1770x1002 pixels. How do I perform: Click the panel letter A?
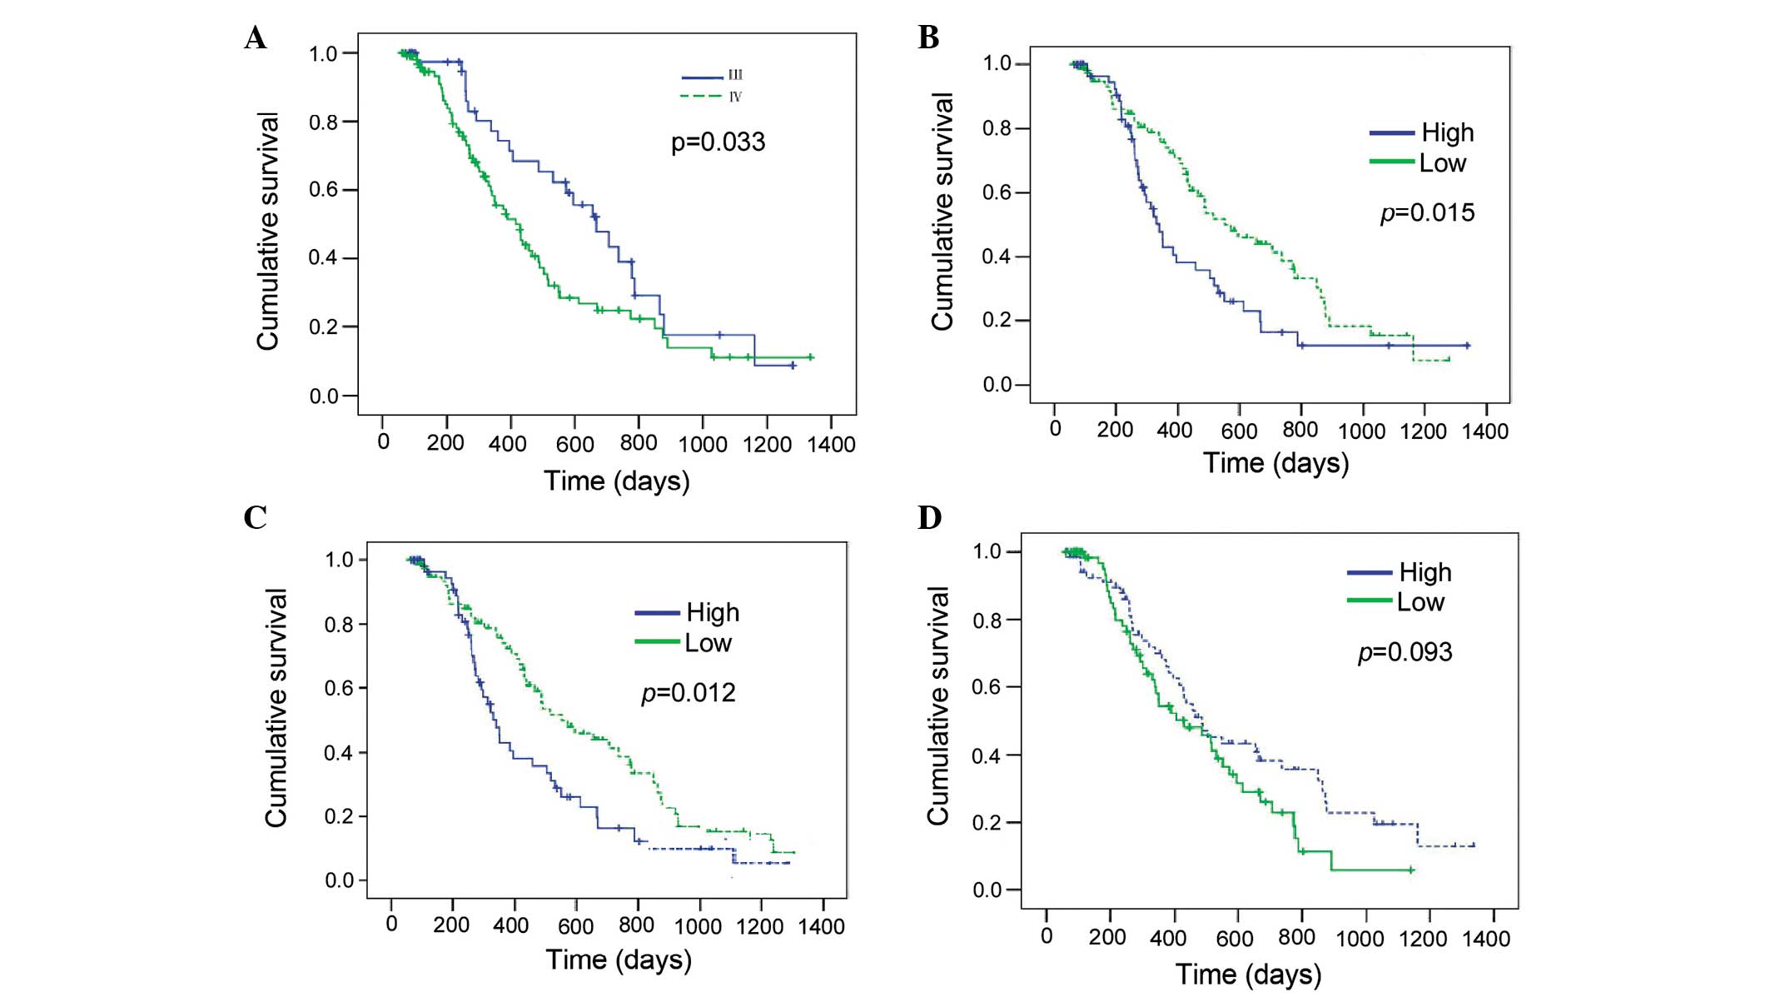tap(256, 38)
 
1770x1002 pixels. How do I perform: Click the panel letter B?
tap(928, 38)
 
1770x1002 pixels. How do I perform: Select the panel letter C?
tap(255, 518)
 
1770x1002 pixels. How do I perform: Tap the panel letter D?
tap(929, 518)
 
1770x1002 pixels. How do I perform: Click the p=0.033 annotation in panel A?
tap(718, 142)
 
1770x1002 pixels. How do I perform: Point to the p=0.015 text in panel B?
tap(1427, 213)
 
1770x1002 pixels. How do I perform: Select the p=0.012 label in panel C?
tap(688, 693)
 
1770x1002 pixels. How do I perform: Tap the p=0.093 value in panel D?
tap(1405, 652)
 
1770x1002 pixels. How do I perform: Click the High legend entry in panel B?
tap(1447, 132)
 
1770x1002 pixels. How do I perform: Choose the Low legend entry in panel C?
tap(708, 643)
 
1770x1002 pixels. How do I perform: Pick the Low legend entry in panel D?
tap(1420, 602)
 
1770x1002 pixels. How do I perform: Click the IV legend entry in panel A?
tap(735, 97)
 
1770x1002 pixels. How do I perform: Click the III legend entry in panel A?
tap(735, 76)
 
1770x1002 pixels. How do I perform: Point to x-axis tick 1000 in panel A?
tap(703, 444)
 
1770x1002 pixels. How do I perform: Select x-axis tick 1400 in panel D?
tap(1486, 939)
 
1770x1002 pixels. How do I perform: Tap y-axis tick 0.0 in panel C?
tap(340, 880)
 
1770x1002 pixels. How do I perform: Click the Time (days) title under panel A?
tap(617, 481)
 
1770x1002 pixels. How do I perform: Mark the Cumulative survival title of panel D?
tap(938, 706)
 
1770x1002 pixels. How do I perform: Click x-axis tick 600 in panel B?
tap(1239, 431)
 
